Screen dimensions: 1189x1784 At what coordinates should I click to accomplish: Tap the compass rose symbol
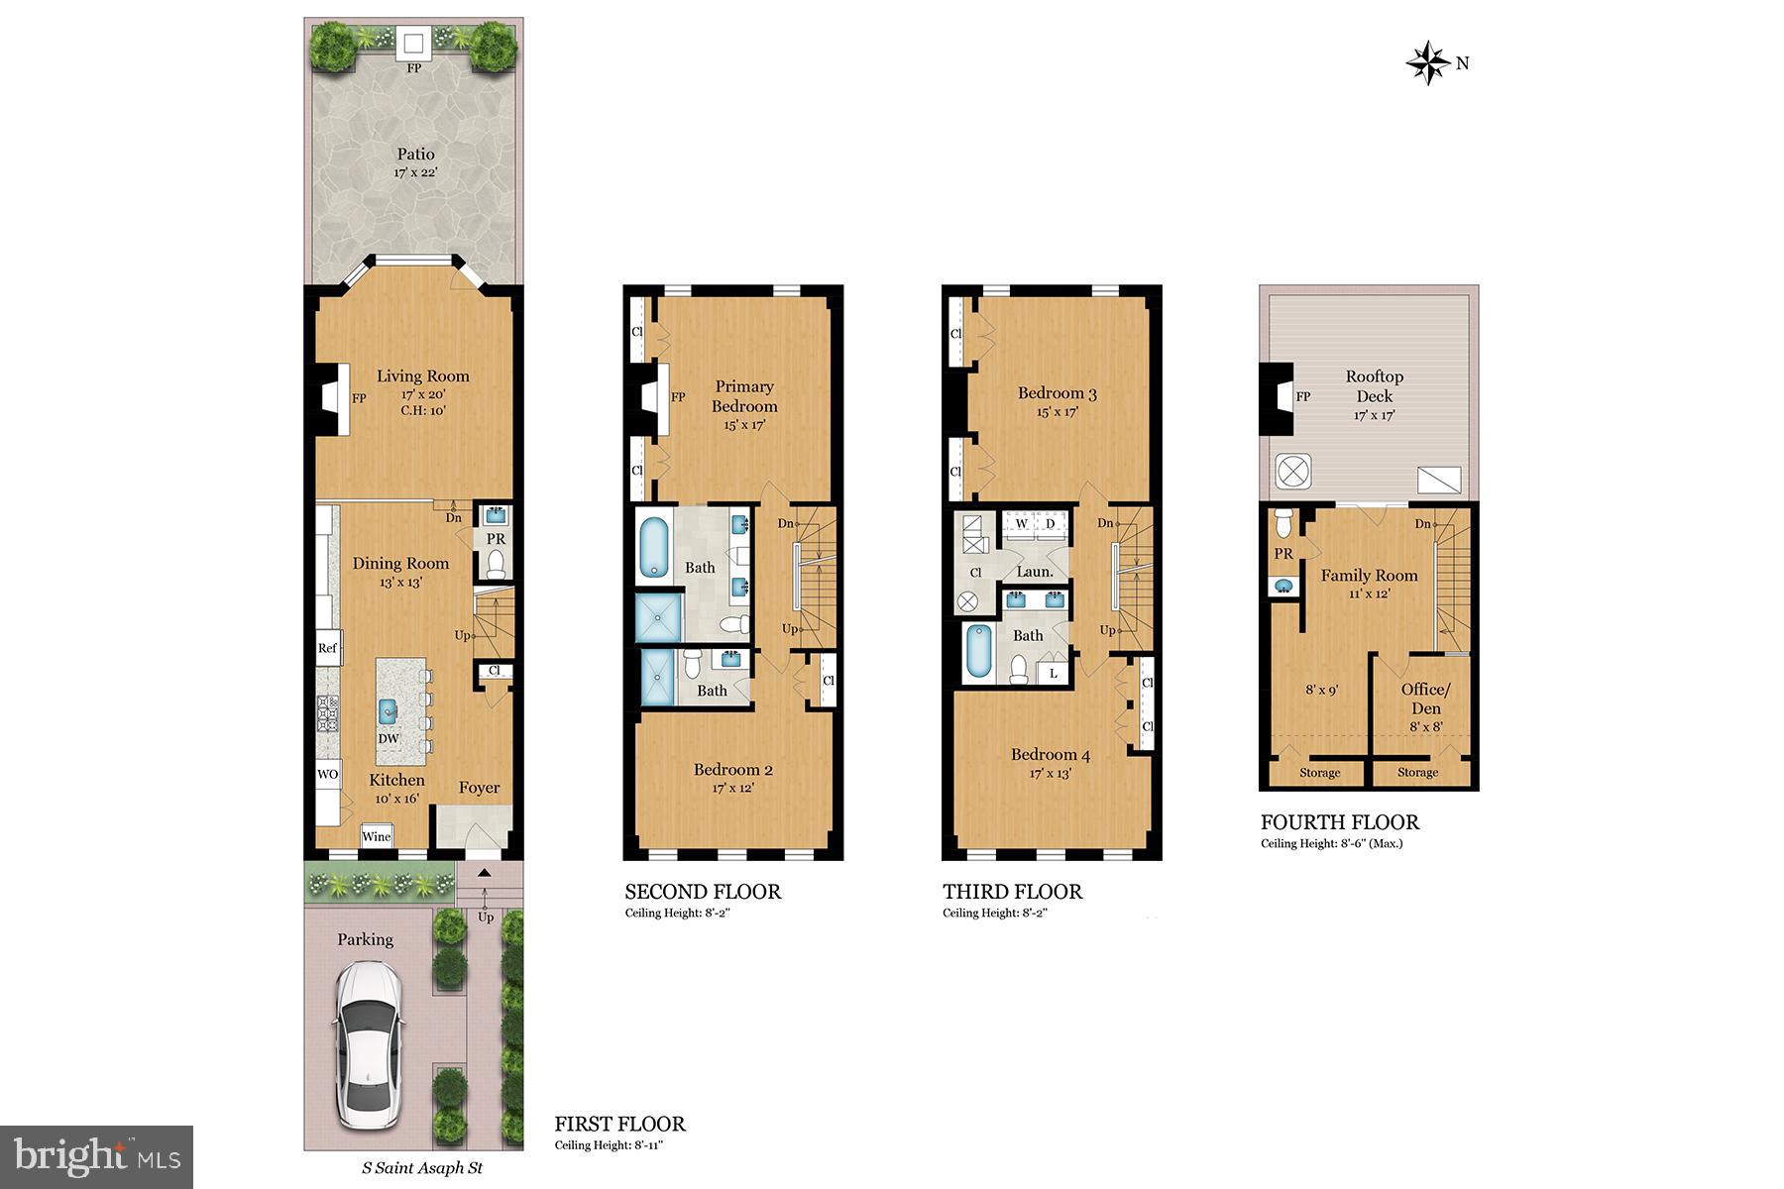[x=1428, y=62]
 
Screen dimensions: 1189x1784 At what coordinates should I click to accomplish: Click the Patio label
[x=415, y=155]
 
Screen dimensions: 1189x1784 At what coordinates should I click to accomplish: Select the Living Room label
[x=422, y=377]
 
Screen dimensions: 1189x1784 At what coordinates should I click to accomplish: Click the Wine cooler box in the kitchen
[x=377, y=836]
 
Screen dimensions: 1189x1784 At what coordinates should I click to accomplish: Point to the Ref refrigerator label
[x=328, y=648]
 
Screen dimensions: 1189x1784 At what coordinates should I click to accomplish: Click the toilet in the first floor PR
[x=496, y=564]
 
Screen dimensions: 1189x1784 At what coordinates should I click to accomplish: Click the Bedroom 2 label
[x=732, y=770]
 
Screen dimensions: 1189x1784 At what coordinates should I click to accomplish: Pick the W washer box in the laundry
[x=1021, y=523]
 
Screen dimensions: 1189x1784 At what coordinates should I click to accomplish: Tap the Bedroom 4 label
[x=1051, y=755]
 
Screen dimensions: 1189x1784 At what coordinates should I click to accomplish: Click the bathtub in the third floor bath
[x=979, y=654]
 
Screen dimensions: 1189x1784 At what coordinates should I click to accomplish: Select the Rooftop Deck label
[x=1374, y=386]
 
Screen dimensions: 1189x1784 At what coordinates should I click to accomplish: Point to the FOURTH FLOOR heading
[x=1339, y=822]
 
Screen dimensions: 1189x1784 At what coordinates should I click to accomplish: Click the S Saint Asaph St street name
[x=421, y=1168]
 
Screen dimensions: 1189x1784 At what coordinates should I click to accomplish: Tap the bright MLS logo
[x=96, y=1156]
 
